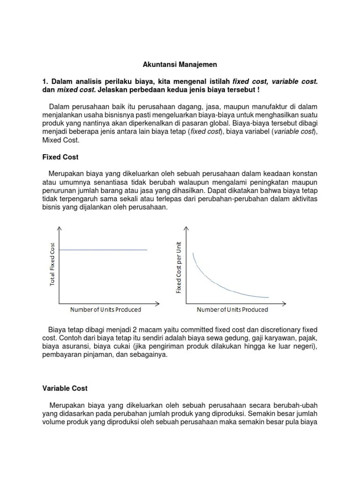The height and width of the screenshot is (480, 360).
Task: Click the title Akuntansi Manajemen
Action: tap(180, 65)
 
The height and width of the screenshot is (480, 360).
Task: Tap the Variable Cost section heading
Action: tap(65, 389)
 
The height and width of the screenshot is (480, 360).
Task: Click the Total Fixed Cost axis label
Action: tap(52, 265)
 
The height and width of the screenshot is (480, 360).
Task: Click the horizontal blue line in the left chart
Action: tap(103, 250)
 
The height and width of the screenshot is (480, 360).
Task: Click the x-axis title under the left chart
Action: tap(105, 310)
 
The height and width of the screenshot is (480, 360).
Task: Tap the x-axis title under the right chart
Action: tap(232, 310)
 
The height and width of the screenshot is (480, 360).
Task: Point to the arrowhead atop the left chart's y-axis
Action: tap(59, 228)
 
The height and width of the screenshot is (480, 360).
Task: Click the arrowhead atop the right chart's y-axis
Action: tap(186, 228)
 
